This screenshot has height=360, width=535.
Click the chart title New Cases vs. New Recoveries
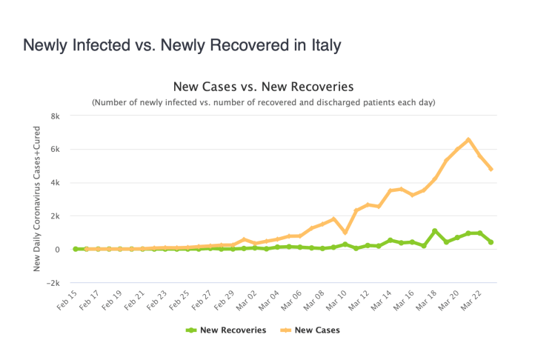263,86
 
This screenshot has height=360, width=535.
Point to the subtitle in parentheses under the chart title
263,101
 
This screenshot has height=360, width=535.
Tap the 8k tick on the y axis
55,116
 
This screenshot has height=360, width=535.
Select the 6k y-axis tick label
55,149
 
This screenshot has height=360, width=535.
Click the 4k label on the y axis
55,182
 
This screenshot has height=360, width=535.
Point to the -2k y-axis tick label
53,283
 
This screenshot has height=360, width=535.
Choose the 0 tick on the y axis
57,250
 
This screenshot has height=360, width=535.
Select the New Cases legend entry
310,330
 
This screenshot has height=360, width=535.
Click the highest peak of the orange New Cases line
468,139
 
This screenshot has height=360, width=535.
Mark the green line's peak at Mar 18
435,231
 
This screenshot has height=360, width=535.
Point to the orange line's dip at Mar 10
345,232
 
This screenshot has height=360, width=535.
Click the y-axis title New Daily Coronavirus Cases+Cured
36,199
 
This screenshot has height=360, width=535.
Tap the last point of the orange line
491,170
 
